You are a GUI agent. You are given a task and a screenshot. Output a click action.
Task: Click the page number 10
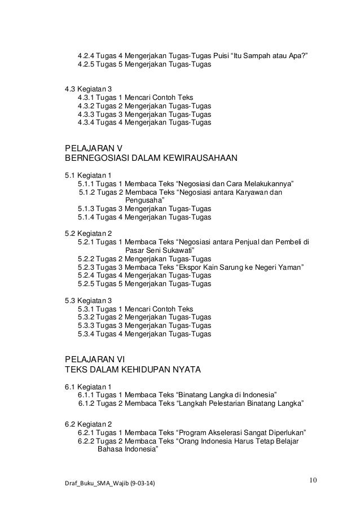pyautogui.click(x=313, y=480)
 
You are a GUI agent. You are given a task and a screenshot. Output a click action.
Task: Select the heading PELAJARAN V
pyautogui.click(x=94, y=148)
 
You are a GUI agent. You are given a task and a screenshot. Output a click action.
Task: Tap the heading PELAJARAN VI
pyautogui.click(x=96, y=359)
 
